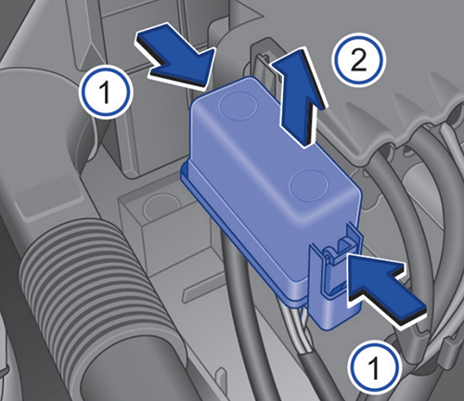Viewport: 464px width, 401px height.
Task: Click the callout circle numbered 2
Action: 359,62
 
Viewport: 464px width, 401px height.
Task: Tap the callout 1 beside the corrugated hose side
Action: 105,92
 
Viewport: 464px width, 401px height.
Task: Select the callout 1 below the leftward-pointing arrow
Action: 375,368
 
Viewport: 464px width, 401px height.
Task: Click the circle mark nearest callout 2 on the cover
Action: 238,106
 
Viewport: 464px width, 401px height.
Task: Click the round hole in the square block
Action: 161,207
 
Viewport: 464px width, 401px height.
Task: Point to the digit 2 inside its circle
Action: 359,61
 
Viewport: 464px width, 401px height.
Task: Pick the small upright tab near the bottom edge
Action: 221,375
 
